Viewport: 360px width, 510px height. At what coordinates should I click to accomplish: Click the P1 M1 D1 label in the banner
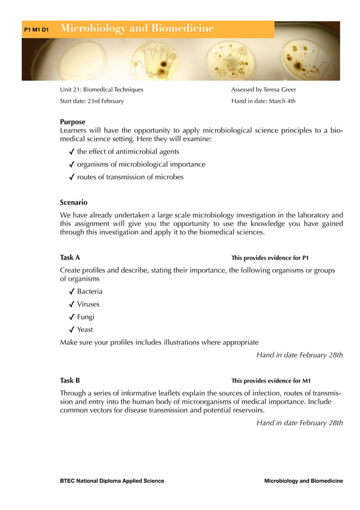coord(36,29)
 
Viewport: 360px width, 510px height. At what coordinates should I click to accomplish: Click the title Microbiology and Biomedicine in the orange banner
coord(137,28)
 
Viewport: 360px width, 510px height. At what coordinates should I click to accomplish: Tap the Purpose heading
coord(73,121)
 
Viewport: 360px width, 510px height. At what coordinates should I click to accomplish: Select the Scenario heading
coord(74,202)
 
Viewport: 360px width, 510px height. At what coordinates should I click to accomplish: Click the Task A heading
coord(70,258)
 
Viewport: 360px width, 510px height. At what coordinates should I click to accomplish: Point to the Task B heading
coord(70,380)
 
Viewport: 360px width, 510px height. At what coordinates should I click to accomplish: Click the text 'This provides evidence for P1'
coord(270,258)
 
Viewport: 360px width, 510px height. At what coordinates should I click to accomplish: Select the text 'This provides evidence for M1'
coord(271,381)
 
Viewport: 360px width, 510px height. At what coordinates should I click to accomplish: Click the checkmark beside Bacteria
coord(72,292)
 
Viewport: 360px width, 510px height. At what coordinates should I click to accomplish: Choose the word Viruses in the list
coord(89,304)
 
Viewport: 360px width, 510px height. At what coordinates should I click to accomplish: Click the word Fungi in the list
coord(86,317)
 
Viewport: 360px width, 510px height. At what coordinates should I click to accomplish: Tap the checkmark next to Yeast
coord(72,330)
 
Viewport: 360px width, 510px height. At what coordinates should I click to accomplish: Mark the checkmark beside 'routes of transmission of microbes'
coord(72,177)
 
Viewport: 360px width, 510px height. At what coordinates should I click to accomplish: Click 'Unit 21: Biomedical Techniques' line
coord(102,89)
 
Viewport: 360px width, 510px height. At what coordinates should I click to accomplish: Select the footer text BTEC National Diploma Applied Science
coord(112,481)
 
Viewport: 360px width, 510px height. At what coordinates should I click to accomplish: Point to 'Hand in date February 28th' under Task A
coord(299,355)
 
